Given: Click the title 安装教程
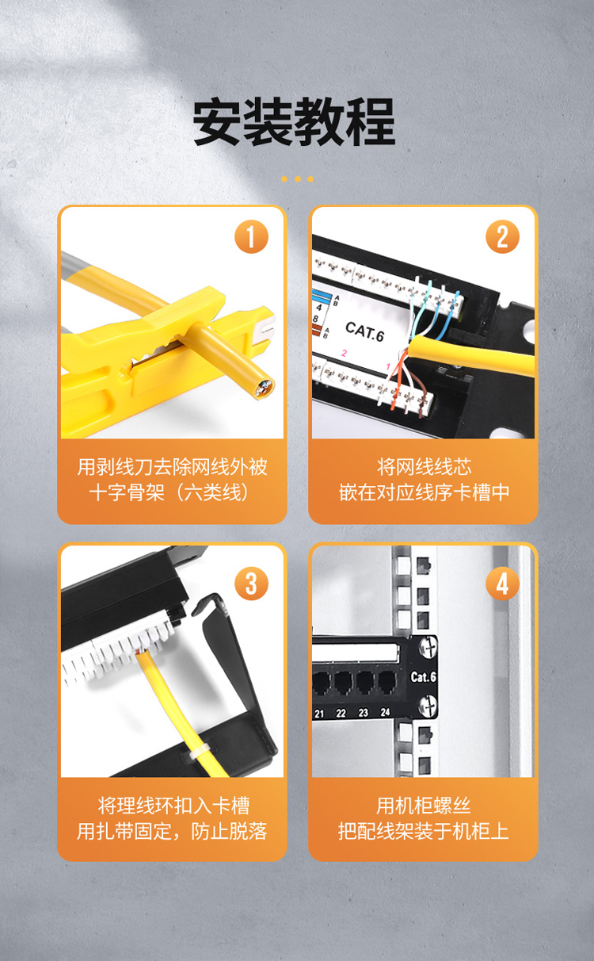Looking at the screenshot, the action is (294, 121).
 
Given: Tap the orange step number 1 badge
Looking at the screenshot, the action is (251, 236).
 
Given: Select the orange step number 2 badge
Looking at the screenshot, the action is (502, 236).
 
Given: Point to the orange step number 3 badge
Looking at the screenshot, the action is (251, 584).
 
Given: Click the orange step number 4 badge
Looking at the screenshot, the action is (502, 584).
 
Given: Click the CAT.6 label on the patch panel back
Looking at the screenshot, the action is (364, 331).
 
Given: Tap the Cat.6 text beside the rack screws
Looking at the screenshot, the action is (423, 676).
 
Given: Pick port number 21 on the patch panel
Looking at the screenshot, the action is (319, 714).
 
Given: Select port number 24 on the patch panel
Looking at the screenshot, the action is (385, 712).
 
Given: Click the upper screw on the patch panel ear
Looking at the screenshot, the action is (428, 646).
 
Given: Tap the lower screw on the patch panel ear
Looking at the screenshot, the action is (428, 706).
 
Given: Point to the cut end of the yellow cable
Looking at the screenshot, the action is (263, 389).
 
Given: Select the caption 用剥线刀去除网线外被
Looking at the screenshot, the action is (172, 467).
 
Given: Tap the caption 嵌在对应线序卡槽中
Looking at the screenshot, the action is (424, 492).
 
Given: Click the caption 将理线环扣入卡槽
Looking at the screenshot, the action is (173, 806).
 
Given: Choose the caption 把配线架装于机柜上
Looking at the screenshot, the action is (424, 831).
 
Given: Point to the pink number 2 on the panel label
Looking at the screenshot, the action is (344, 353).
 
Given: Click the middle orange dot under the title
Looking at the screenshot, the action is (298, 179).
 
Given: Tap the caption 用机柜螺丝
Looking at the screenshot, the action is (424, 806).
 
